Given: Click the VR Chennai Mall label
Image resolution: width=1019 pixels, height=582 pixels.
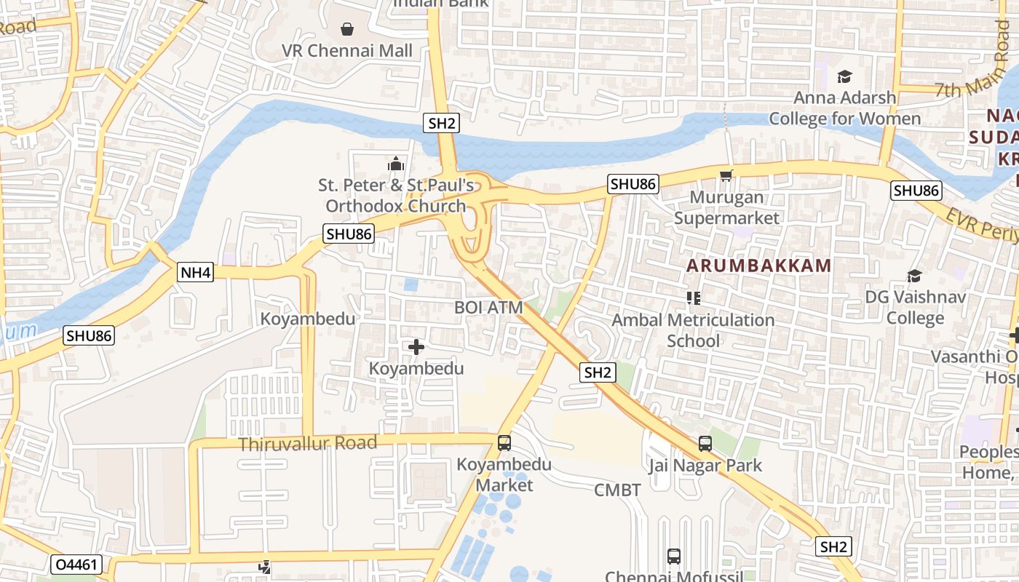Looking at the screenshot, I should [347, 51].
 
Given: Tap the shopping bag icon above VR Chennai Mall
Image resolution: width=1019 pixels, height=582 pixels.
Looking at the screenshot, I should [347, 29].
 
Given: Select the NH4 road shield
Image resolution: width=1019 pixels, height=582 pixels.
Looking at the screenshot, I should [196, 273].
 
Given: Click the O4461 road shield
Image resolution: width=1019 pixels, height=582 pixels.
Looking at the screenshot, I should [76, 565].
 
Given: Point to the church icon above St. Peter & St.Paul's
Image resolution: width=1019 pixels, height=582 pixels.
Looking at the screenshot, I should [396, 164].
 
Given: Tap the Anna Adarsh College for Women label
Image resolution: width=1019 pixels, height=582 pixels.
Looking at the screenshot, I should [844, 108].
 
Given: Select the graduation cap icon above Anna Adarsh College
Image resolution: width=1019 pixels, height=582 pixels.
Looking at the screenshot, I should [844, 76].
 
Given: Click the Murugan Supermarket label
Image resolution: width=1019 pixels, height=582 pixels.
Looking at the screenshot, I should [726, 207].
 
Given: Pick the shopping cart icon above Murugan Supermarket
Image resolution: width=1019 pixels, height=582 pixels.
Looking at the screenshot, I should [726, 175].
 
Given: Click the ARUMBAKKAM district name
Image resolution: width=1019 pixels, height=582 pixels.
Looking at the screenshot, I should [758, 266].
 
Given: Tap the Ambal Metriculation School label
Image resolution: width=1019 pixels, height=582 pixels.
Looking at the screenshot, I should [693, 330].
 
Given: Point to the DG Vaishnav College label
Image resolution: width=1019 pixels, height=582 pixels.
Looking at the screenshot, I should [915, 307].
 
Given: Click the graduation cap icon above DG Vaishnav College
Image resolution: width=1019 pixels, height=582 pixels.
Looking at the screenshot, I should [914, 276].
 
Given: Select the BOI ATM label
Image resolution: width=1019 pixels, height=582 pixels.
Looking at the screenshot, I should [488, 307].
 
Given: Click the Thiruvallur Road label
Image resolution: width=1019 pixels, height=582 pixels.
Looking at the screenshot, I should [308, 443].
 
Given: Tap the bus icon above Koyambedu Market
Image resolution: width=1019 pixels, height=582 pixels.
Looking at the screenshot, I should [504, 442].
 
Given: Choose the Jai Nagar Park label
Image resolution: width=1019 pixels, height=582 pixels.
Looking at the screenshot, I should [705, 466].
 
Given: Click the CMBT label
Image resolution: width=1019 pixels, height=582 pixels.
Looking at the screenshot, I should [617, 490].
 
